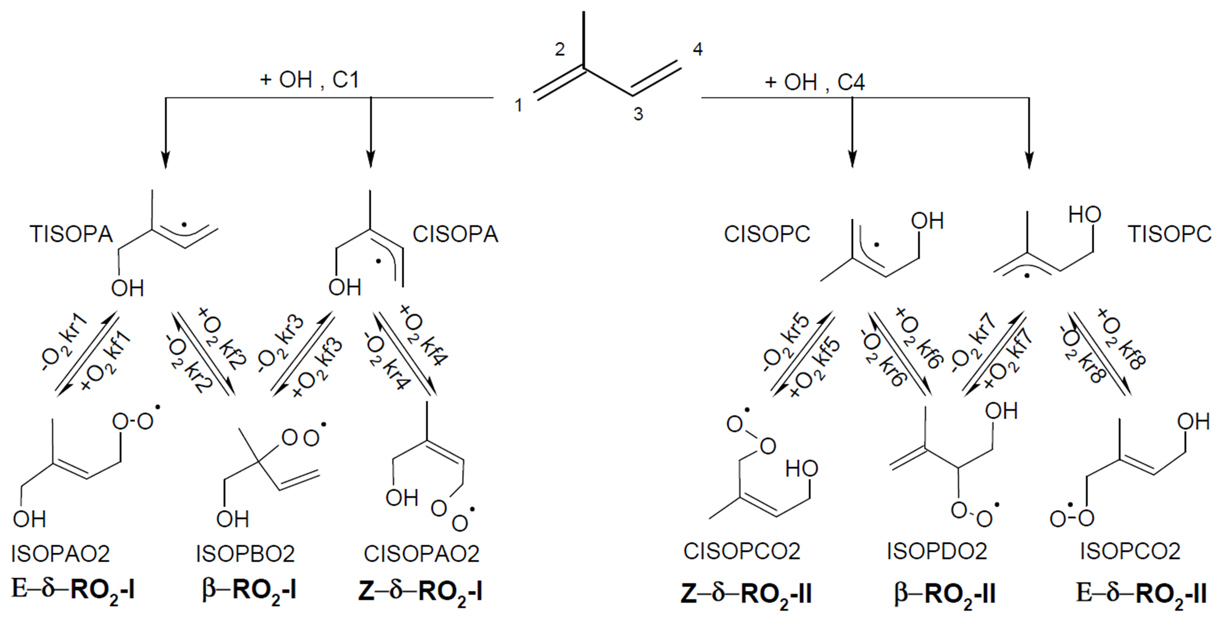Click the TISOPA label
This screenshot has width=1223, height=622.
pos(71,234)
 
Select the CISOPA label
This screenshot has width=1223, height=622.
pos(455,234)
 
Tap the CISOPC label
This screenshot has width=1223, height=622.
pos(767,234)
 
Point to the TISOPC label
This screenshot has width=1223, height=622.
pos(1169,234)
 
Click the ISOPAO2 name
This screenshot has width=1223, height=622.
pos(60,554)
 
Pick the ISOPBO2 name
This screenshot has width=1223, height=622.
pos(246,554)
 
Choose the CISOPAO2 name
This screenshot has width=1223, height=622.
pos(422,554)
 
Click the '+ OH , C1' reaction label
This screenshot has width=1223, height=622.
pos(309,80)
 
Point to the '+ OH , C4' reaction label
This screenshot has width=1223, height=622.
pos(815,83)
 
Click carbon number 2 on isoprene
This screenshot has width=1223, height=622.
pos(560,49)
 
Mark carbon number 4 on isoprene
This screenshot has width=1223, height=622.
pos(697,49)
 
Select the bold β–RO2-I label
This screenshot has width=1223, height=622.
pos(249,592)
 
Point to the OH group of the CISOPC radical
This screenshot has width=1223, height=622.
pos(927,221)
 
